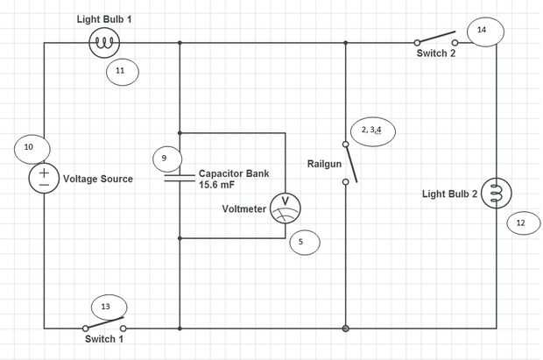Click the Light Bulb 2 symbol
point(497,194)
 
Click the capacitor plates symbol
point(180,178)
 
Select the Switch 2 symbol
point(435,39)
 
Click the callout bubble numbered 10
point(31,148)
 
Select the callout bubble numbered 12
point(522,223)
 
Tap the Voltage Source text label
point(98,179)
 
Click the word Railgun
point(324,164)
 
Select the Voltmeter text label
point(244,208)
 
